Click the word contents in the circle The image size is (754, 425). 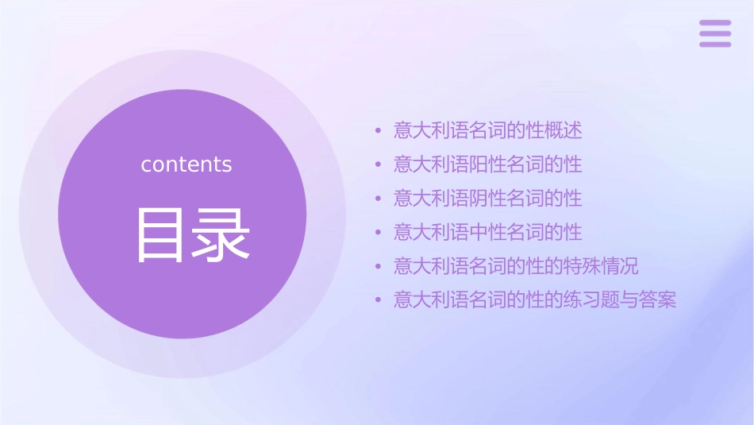point(187,164)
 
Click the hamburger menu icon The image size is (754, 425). point(715,33)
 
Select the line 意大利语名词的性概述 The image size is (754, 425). point(488,130)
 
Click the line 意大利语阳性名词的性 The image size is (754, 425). point(488,164)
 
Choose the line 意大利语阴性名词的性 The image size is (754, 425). point(488,198)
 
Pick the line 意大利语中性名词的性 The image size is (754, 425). point(488,232)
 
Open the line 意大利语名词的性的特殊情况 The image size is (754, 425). point(516,265)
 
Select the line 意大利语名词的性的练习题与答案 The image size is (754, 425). point(535,300)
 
